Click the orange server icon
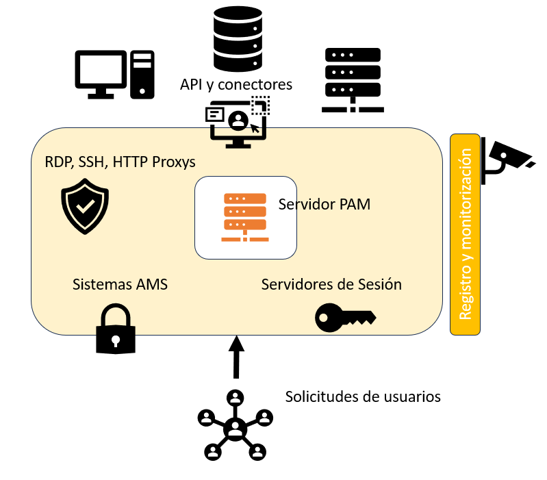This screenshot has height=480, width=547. [244, 218]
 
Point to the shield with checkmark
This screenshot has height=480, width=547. [85, 206]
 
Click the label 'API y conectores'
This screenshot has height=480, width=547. [236, 85]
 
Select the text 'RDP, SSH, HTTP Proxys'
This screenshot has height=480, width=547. [120, 162]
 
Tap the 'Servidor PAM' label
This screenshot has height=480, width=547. [325, 203]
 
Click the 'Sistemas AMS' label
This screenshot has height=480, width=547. [120, 283]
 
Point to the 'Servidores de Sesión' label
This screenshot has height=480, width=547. [331, 283]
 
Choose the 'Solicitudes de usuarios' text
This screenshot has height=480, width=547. [363, 396]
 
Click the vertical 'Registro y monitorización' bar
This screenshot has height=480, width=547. [466, 234]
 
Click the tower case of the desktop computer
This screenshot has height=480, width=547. [142, 74]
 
